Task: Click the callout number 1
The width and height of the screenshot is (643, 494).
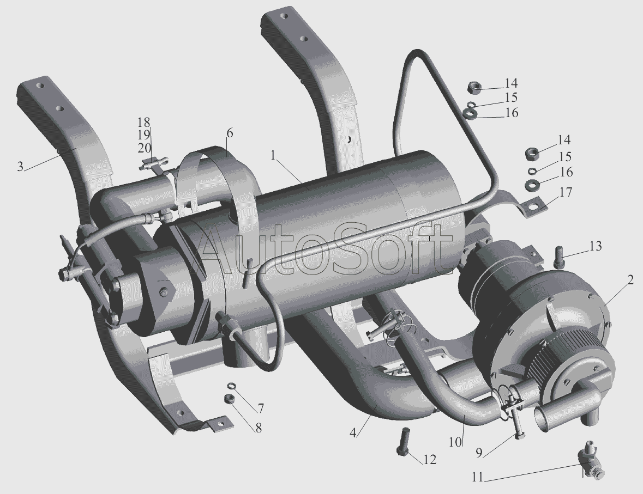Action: (x=274, y=156)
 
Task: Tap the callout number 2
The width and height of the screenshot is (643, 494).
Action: (x=630, y=280)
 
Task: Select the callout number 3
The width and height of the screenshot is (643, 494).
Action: (x=20, y=167)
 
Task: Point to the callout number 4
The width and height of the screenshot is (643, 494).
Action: (x=353, y=432)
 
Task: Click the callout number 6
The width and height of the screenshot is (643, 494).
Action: (x=229, y=133)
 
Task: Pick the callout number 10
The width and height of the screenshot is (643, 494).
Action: (x=455, y=442)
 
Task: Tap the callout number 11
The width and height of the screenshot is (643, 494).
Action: (x=477, y=478)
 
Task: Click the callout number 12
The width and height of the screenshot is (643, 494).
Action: (x=430, y=460)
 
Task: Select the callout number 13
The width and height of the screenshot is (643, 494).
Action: (x=596, y=246)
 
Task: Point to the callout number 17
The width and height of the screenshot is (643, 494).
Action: (x=566, y=192)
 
